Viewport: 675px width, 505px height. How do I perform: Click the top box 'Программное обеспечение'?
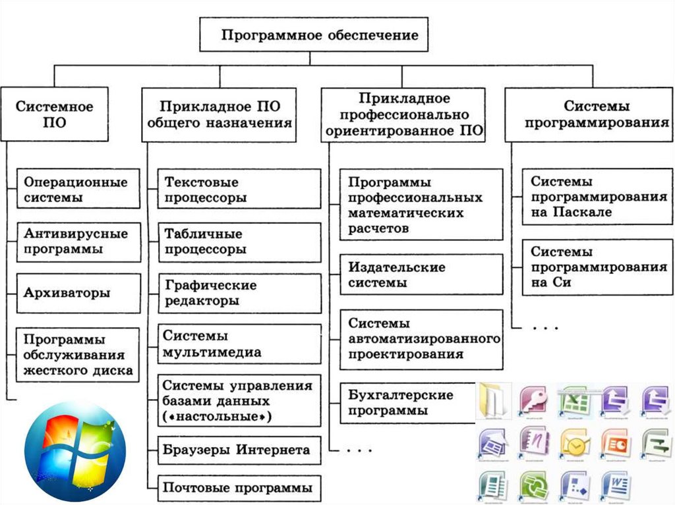click(314, 36)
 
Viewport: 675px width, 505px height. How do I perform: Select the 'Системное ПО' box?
click(54, 114)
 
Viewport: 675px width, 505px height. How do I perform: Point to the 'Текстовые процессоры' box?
click(239, 189)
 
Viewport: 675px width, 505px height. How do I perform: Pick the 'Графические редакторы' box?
click(239, 293)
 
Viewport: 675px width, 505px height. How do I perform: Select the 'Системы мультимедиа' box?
click(239, 344)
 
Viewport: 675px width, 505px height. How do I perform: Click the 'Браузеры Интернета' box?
click(239, 450)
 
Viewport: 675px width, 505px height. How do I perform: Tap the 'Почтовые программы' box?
click(239, 489)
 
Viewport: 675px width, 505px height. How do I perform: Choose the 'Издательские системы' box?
click(421, 275)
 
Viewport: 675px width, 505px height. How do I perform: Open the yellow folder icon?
click(493, 399)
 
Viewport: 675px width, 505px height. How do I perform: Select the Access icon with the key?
click(534, 399)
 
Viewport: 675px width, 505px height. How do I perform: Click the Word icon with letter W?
click(616, 489)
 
